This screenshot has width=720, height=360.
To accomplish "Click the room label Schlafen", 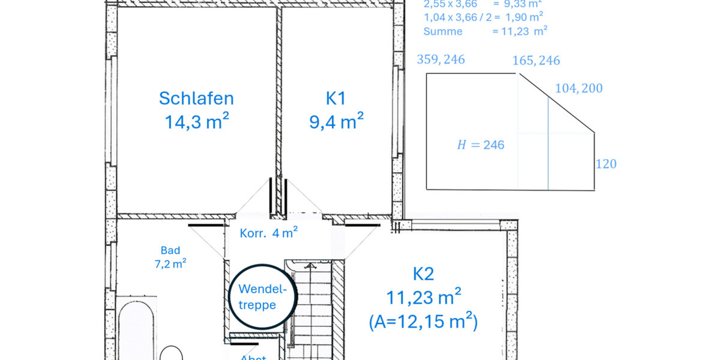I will pyautogui.click(x=196, y=98).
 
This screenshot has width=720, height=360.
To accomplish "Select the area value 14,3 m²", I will pyautogui.click(x=196, y=122).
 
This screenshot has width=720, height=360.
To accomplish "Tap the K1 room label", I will pyautogui.click(x=336, y=98).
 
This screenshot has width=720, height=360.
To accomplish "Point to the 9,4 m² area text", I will pyautogui.click(x=336, y=122).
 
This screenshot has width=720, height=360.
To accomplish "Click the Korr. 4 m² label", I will pyautogui.click(x=269, y=233).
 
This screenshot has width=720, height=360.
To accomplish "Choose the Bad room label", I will pyautogui.click(x=170, y=250).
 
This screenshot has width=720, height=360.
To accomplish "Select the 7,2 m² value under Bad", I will pyautogui.click(x=170, y=263).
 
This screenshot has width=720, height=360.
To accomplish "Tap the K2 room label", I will pyautogui.click(x=423, y=274).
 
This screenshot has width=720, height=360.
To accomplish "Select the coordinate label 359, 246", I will pyautogui.click(x=440, y=59).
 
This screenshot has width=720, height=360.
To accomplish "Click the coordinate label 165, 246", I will pyautogui.click(x=536, y=61).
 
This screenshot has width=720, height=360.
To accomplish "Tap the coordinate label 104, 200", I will pyautogui.click(x=578, y=89).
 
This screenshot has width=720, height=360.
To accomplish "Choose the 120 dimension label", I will pyautogui.click(x=606, y=164).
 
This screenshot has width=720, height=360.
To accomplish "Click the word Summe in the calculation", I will pyautogui.click(x=443, y=31).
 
